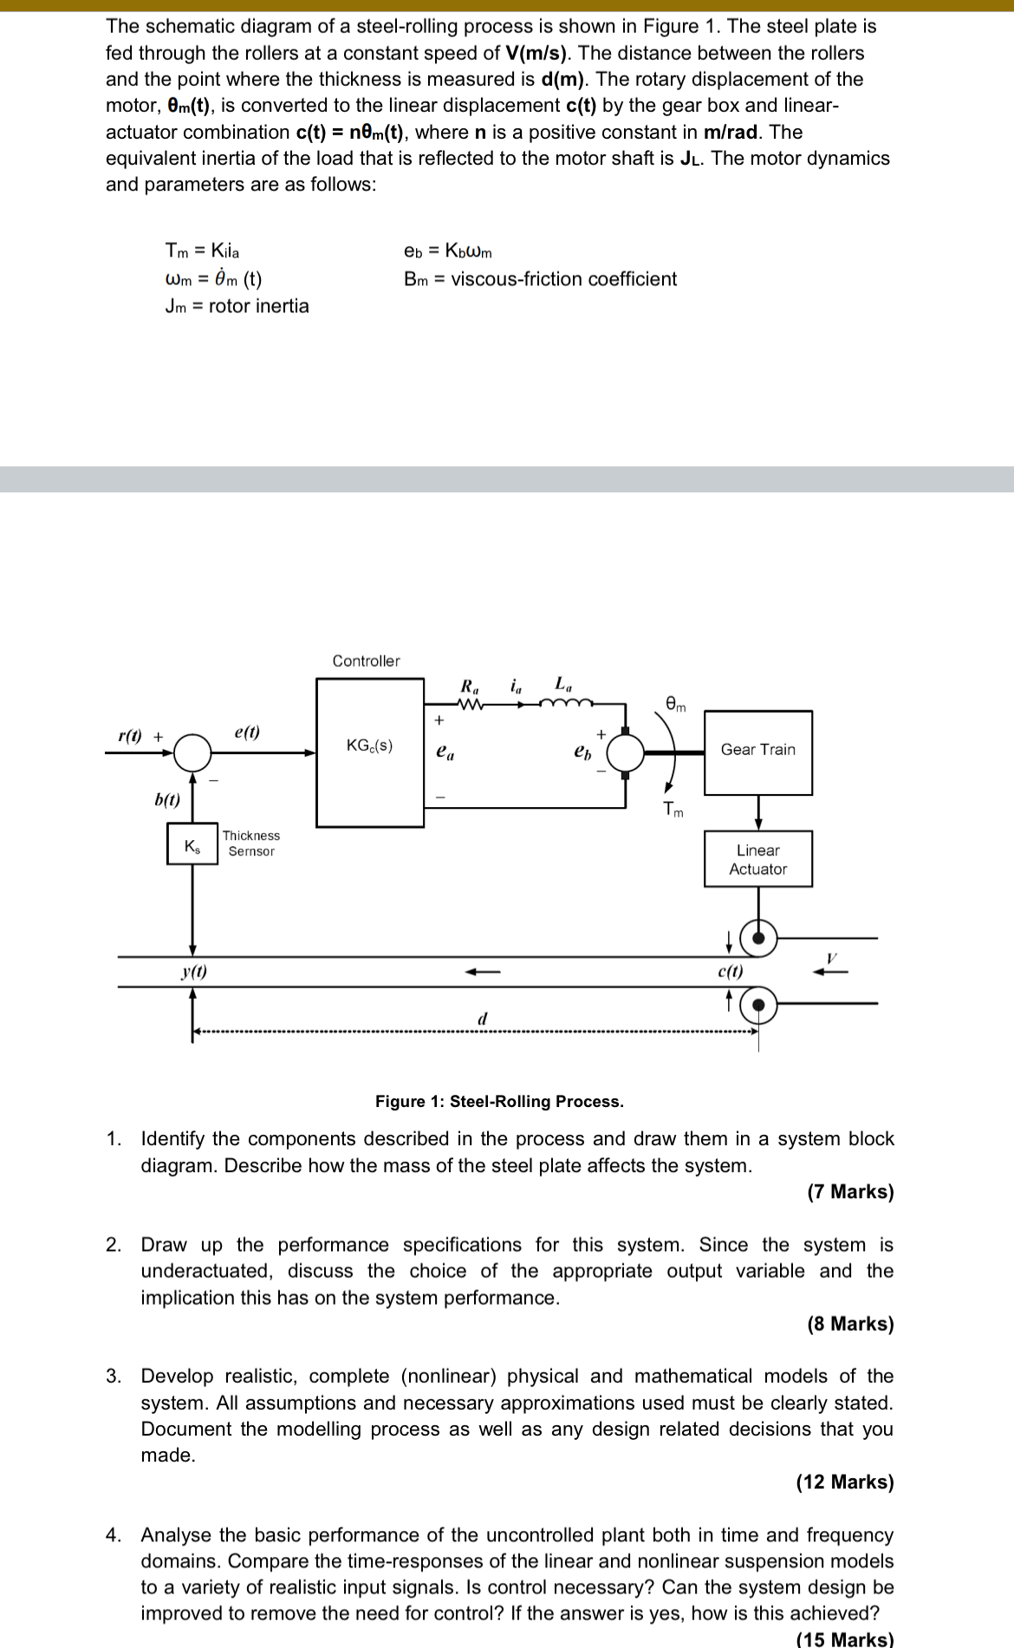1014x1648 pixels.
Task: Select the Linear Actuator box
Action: tap(757, 859)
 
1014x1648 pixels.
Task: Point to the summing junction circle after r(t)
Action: tap(192, 752)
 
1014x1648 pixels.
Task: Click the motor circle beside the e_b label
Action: tap(626, 752)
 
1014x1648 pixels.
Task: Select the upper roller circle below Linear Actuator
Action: tap(759, 937)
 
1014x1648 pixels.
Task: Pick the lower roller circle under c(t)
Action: tap(759, 1006)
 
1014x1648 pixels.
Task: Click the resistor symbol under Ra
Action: tap(469, 704)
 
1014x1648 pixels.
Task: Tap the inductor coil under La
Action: tap(564, 703)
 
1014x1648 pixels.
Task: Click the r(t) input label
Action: tap(130, 736)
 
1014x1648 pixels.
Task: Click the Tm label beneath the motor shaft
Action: tap(673, 810)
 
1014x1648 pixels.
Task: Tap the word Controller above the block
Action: tap(367, 661)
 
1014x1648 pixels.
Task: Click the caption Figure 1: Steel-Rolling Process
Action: tap(499, 1101)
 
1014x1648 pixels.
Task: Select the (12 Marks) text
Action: tap(845, 1482)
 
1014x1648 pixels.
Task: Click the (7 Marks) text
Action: tap(850, 1191)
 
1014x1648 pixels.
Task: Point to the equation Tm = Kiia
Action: tap(202, 251)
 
